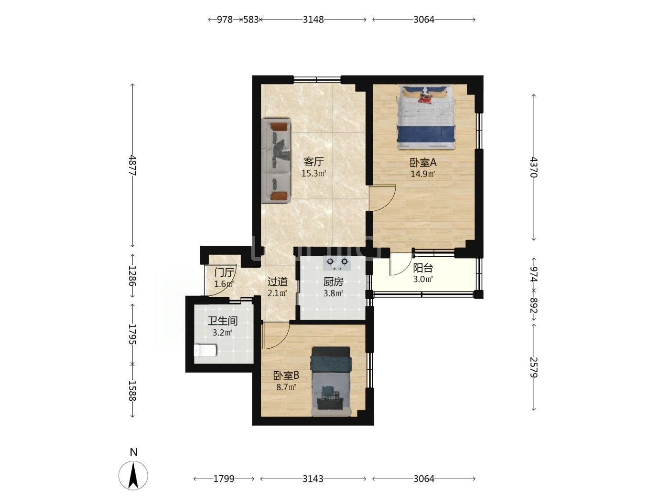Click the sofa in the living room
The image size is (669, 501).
point(276,161)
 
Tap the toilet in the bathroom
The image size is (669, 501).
point(205,350)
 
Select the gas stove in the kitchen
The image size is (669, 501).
point(337,263)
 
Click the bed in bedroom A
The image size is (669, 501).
point(426,117)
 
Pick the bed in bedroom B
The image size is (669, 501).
point(331,381)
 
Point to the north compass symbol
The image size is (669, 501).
point(133,475)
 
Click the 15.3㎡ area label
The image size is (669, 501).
point(313,173)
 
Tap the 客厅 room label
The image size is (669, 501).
point(313,161)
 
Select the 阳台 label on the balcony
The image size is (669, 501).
point(423,268)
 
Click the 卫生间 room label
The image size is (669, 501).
point(223,321)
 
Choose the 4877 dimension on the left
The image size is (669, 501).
point(132,165)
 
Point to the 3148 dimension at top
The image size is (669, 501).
point(313,20)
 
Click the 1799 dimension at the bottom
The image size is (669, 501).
point(224,479)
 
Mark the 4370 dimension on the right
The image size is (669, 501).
point(534,167)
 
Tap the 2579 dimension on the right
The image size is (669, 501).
point(534,367)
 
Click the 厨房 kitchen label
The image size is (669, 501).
point(333,282)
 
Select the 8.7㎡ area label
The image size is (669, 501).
point(286,387)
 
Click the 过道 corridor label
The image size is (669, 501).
point(277,282)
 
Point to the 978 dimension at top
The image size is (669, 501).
point(225,20)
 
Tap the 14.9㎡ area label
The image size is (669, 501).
point(423,174)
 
